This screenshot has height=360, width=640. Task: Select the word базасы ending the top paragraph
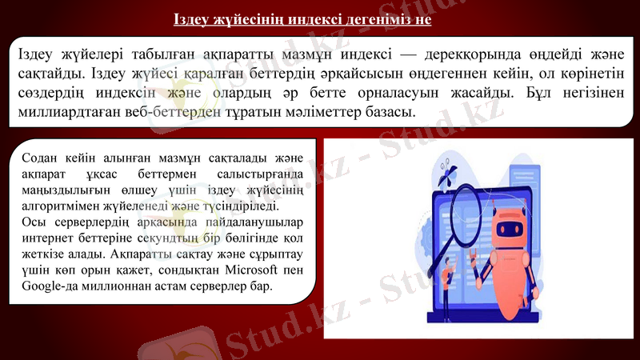(x=390, y=110)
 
